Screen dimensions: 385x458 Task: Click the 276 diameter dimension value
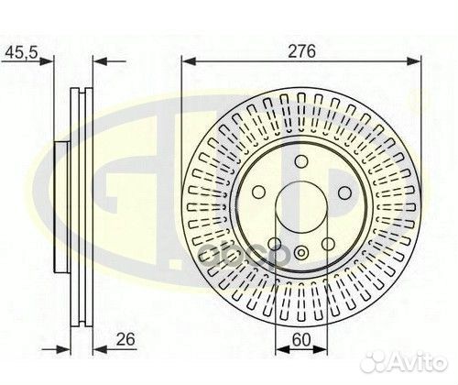(x=303, y=51)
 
